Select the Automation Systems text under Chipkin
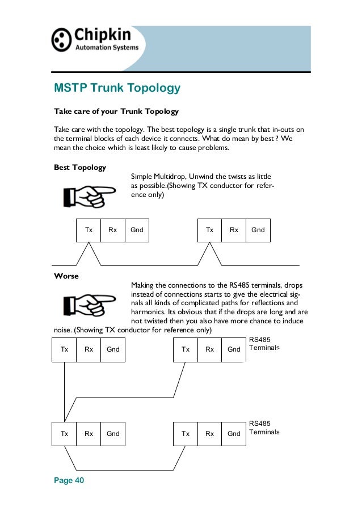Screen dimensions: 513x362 (x=107, y=48)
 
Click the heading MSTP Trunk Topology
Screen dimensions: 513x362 (x=117, y=88)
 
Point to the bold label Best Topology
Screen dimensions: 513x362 (x=79, y=168)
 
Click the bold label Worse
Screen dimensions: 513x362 (x=67, y=276)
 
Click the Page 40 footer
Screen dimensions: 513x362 (x=69, y=480)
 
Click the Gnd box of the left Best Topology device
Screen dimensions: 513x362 (x=137, y=230)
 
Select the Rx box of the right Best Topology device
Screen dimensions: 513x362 (x=234, y=230)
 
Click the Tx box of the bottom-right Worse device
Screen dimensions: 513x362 (x=186, y=434)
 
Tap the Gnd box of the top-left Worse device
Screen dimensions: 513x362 (x=113, y=349)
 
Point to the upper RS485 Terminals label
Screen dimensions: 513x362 (x=264, y=344)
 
